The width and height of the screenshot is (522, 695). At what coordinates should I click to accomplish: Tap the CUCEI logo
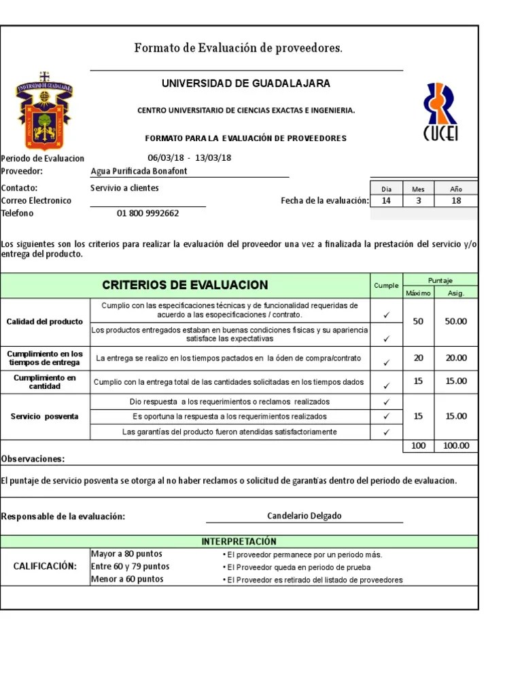440,113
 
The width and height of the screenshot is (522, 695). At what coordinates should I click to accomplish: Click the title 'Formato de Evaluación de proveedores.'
239,48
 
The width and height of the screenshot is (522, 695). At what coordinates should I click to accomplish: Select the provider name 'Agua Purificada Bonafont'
139,171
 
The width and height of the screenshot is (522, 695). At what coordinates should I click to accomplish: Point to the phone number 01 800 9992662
147,213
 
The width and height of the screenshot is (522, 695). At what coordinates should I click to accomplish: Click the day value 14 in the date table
386,201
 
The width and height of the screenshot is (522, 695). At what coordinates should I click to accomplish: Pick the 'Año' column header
455,189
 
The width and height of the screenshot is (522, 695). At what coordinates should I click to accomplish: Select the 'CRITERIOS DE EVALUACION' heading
185,285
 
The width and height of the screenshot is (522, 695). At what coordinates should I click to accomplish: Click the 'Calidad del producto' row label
45,321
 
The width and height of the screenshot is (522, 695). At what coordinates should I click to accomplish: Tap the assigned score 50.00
455,321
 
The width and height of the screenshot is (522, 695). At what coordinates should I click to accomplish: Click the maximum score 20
418,358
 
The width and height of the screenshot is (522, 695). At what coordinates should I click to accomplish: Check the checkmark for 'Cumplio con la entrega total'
386,385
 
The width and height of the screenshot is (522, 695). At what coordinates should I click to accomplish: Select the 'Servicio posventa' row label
45,416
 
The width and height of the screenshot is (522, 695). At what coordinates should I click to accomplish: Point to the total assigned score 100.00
455,446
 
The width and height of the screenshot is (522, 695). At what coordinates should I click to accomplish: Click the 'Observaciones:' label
33,459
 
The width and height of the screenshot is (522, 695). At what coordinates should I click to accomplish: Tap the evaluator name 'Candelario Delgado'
304,516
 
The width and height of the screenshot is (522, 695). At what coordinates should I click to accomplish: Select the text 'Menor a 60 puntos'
127,580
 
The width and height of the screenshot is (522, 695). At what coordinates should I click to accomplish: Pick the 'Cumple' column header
386,286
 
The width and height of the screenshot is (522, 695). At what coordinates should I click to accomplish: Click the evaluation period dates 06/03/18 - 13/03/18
190,158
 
